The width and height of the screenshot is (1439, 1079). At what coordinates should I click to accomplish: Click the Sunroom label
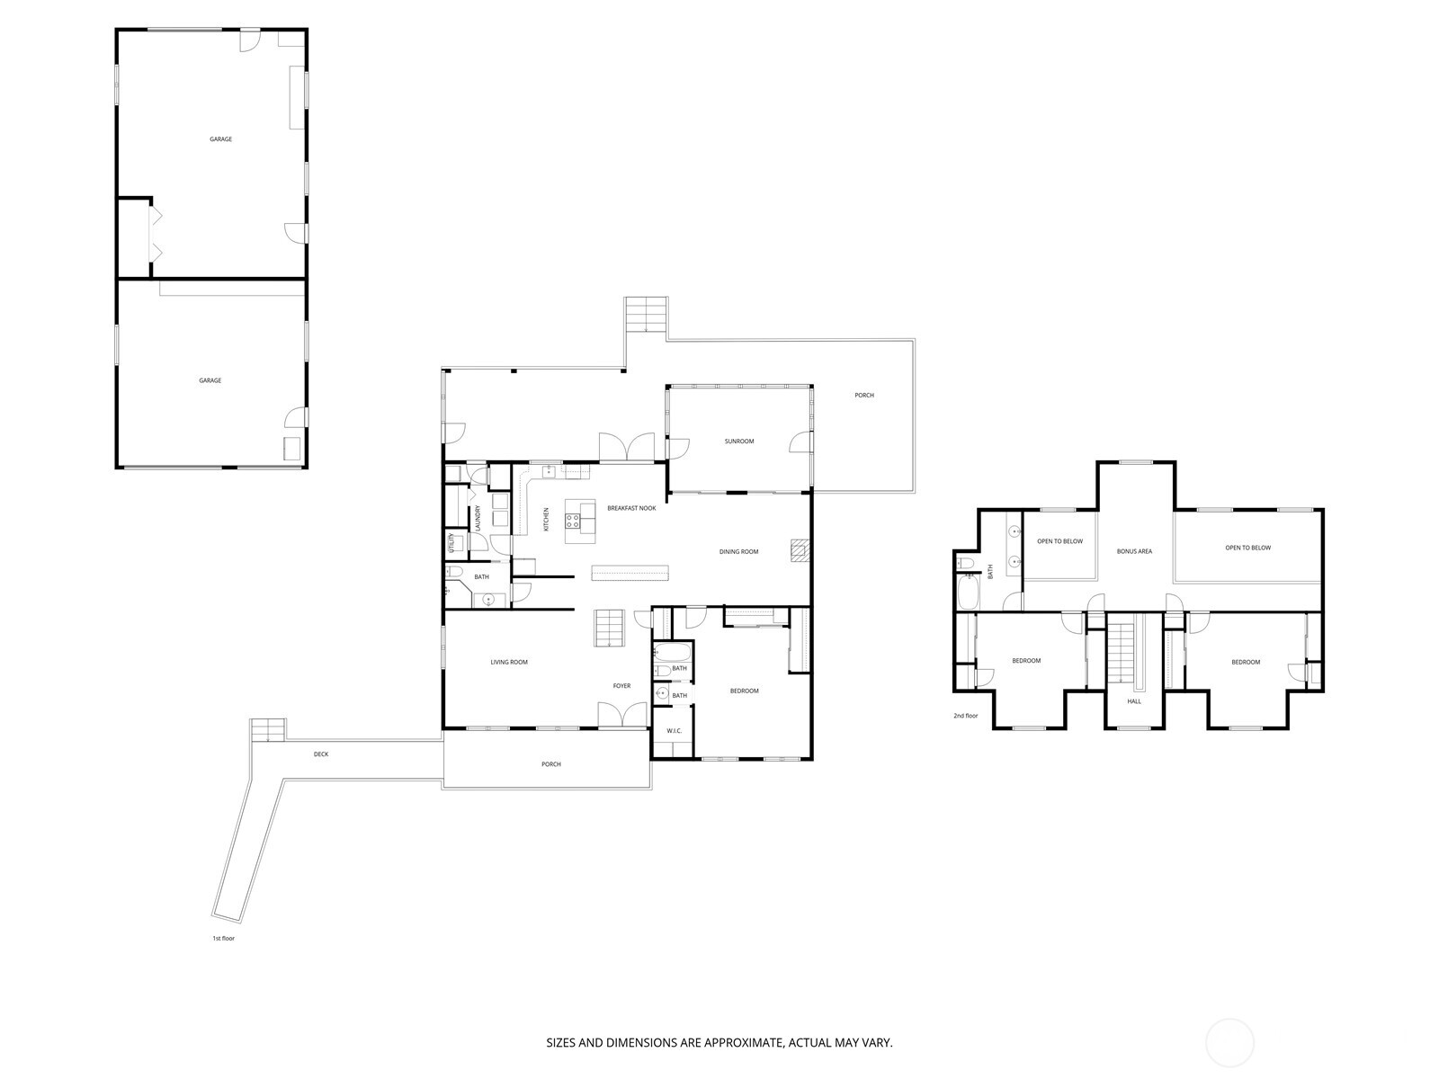[739, 441]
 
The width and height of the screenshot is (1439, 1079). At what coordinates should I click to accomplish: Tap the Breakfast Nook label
[631, 508]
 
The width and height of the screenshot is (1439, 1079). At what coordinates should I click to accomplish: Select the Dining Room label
[738, 552]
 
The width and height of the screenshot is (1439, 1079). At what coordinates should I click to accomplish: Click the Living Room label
[509, 663]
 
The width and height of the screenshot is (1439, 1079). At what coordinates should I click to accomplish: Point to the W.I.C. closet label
[675, 731]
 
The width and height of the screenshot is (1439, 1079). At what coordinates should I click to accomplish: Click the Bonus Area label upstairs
[1134, 551]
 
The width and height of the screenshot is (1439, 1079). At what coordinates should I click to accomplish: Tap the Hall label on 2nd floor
[1134, 701]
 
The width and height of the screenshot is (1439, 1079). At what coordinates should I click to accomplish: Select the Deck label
[321, 754]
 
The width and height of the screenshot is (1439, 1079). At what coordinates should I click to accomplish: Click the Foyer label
[621, 686]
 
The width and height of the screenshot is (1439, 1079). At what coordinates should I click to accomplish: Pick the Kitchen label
[546, 519]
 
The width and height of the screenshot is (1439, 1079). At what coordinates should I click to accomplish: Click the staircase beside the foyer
[609, 628]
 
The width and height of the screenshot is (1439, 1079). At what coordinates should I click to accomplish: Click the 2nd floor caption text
[965, 716]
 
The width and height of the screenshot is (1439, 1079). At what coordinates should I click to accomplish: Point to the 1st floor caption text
[222, 938]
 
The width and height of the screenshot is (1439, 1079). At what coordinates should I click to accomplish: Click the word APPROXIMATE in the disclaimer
[744, 1043]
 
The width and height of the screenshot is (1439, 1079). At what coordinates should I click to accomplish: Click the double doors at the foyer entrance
[622, 717]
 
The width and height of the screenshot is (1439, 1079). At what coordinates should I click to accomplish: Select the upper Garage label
[220, 139]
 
